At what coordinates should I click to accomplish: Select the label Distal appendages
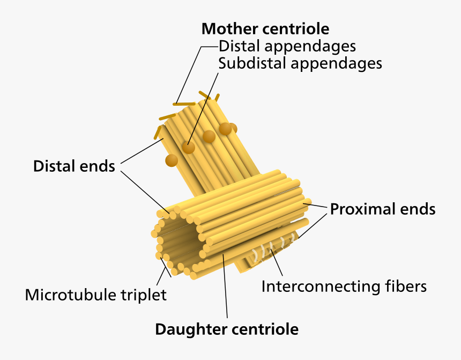(287, 46)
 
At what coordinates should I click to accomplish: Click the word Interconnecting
(317, 286)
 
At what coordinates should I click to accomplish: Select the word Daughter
(190, 328)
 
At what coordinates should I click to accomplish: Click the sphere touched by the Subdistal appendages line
(188, 147)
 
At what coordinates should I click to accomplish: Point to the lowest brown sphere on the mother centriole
(171, 160)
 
